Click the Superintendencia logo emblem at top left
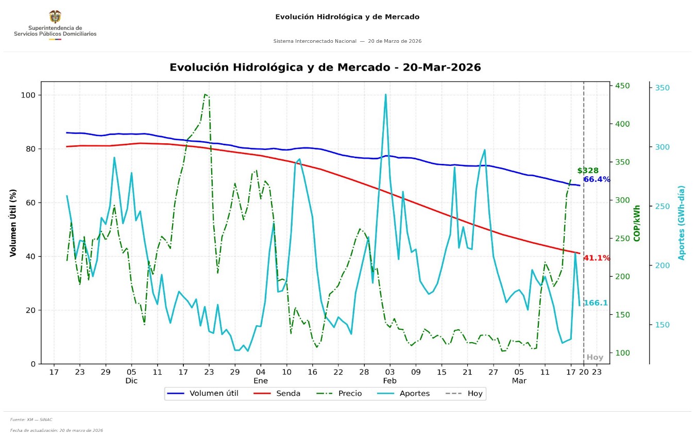[55, 16]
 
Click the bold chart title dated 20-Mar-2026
[325, 68]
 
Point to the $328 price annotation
[588, 171]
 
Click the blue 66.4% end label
[597, 180]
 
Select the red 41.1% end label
[597, 258]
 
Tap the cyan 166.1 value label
[595, 303]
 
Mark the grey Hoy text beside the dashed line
[595, 357]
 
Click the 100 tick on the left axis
[28, 95]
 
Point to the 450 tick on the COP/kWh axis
[622, 86]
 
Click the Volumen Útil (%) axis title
[13, 223]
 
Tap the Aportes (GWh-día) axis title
[681, 223]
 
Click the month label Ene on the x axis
[261, 381]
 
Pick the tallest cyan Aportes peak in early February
[385, 95]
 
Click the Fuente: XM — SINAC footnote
[31, 419]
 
